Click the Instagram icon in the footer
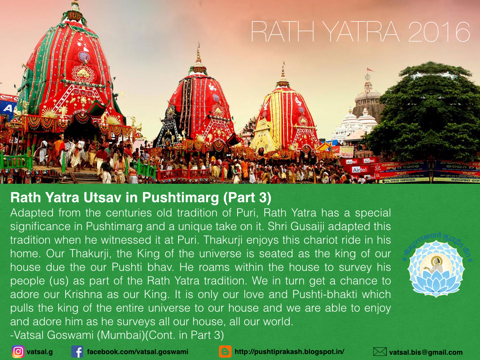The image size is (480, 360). click(18, 352)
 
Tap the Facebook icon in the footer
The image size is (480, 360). click(77, 352)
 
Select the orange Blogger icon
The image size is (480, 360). click(225, 352)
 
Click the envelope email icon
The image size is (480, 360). click(380, 352)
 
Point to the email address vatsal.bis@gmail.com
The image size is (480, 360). click(426, 352)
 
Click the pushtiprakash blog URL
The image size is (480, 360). click(289, 352)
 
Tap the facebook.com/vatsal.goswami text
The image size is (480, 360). click(138, 352)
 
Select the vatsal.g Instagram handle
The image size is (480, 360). click(39, 352)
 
